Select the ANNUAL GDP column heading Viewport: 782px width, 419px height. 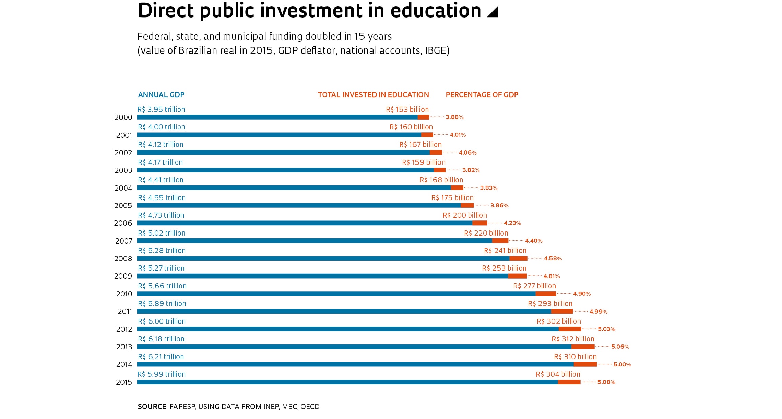(x=161, y=95)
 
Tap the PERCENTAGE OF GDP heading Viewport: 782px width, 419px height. (x=482, y=95)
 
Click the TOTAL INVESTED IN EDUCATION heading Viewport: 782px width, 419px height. (x=373, y=95)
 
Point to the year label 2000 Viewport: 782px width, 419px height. (x=123, y=117)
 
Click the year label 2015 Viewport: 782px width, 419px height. (x=124, y=382)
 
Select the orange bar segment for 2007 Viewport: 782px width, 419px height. (x=500, y=241)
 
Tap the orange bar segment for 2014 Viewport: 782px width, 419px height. (x=585, y=364)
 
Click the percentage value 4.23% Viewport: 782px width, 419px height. (x=512, y=223)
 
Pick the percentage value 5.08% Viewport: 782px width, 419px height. (x=606, y=382)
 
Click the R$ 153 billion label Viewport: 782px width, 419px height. (x=407, y=110)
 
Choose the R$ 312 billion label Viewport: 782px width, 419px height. (x=573, y=339)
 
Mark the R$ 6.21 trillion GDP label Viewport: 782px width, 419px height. (x=161, y=357)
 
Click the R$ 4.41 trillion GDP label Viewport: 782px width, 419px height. (x=161, y=180)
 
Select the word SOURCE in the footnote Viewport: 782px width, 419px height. (x=152, y=407)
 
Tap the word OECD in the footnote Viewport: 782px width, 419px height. (x=310, y=407)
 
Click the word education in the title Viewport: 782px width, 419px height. (x=436, y=11)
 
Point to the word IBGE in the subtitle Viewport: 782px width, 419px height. (x=436, y=51)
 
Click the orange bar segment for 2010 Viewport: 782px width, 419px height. (x=546, y=294)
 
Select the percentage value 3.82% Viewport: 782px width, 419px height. (x=471, y=170)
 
